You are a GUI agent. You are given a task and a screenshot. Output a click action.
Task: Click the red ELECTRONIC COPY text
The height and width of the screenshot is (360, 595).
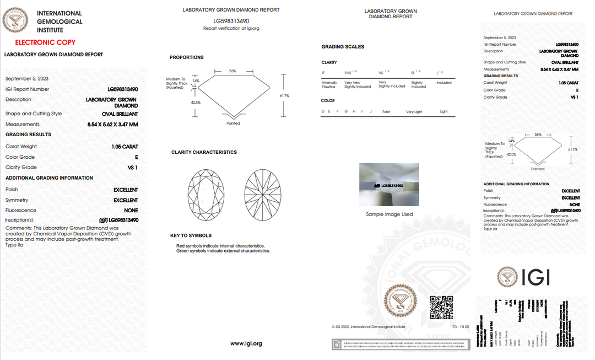pos(45,42)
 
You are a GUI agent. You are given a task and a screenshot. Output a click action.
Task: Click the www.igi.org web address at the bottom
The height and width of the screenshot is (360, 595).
pos(246,343)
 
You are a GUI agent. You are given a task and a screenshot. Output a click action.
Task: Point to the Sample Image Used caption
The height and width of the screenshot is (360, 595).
pos(390,214)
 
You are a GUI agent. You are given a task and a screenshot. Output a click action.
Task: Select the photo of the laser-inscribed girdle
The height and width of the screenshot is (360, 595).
pos(389,185)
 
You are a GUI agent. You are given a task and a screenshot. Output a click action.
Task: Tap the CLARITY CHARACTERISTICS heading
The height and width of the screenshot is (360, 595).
pos(204,152)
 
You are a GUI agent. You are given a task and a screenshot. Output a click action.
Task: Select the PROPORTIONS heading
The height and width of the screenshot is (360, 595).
pos(186,57)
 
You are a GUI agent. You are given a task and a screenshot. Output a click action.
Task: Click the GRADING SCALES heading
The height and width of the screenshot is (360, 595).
pos(343,47)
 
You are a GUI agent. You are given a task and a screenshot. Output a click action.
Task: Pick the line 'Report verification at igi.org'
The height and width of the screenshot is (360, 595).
pos(231,28)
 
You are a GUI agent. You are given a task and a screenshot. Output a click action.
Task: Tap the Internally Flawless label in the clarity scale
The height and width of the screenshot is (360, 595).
pos(329,84)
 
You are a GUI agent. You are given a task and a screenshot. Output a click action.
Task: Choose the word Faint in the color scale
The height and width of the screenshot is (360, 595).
pos(386,112)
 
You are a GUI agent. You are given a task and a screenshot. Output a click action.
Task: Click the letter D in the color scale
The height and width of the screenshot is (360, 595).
pos(322,112)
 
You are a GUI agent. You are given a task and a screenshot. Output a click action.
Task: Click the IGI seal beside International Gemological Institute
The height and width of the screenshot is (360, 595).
pos(15,21)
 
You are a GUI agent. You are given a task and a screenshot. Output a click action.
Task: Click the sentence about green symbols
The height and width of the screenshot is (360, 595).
pos(223,251)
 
